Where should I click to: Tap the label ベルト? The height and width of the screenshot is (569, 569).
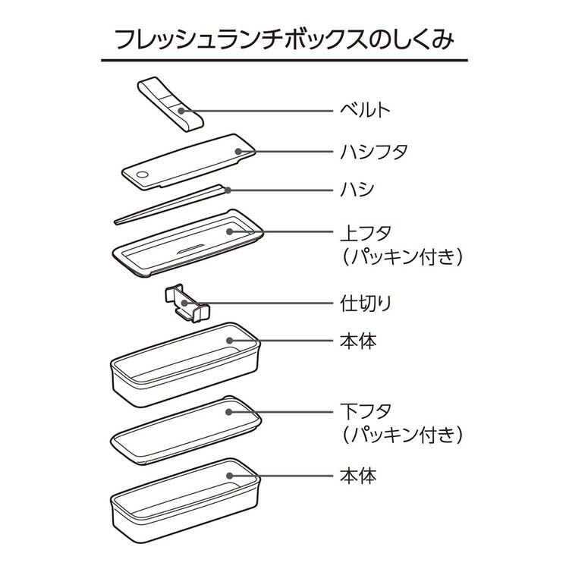pyautogui.click(x=364, y=111)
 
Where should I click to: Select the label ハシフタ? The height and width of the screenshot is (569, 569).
pyautogui.click(x=373, y=151)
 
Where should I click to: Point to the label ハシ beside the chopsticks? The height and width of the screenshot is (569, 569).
pyautogui.click(x=354, y=189)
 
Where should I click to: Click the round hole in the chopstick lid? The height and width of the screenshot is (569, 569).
pyautogui.click(x=142, y=176)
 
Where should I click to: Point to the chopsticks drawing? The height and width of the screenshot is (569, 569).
pyautogui.click(x=171, y=203)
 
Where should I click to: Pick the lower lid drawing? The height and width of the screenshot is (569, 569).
pyautogui.click(x=186, y=428)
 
